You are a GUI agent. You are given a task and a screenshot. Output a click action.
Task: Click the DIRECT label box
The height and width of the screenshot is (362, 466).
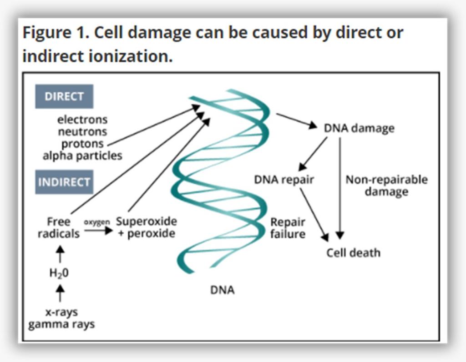(64, 96)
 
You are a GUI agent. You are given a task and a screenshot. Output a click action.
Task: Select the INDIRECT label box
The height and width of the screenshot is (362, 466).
(64, 182)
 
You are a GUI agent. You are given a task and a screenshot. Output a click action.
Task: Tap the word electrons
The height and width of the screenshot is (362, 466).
(82, 120)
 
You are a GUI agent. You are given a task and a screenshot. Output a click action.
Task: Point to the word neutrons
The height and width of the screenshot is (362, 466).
(82, 132)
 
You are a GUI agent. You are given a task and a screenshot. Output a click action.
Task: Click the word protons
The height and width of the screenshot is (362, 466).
(82, 144)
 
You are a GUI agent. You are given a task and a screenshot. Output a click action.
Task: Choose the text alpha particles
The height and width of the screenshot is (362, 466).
(82, 156)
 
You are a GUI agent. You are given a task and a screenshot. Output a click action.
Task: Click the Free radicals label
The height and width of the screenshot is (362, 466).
(59, 227)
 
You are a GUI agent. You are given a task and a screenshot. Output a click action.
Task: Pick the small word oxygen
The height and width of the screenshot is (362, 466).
(97, 222)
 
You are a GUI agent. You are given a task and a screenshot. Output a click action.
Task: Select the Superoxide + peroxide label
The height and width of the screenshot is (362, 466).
(146, 227)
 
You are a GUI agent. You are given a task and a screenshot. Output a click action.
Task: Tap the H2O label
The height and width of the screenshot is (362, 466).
(59, 273)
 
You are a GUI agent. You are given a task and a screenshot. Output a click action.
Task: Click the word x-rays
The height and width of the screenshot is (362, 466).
(61, 312)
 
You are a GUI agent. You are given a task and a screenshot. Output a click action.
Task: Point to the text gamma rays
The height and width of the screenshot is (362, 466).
(61, 325)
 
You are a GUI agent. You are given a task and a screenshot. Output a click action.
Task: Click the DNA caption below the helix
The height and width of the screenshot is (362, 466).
(222, 290)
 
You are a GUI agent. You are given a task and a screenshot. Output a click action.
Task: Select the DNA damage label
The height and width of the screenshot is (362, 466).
(359, 128)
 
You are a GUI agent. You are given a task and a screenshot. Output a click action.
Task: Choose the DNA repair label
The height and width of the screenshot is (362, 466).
(284, 180)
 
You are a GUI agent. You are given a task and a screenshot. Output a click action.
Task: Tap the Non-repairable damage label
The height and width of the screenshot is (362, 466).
(386, 185)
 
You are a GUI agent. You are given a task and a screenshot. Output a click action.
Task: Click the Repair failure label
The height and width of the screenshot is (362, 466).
(288, 228)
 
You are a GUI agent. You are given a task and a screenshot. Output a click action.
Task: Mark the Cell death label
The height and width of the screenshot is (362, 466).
(353, 253)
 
